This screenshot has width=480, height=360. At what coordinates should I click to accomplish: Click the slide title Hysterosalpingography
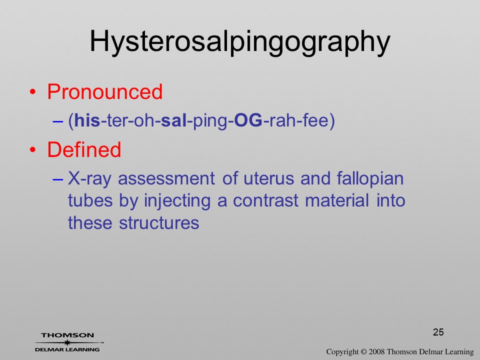tap(240, 42)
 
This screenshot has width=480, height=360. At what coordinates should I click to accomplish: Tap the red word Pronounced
tap(104, 91)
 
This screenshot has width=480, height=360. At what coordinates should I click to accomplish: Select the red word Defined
tap(84, 149)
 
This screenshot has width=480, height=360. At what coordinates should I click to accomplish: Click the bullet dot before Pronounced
tap(33, 92)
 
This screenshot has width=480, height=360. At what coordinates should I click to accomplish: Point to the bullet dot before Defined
tap(33, 149)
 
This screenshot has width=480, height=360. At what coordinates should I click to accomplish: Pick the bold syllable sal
tap(173, 120)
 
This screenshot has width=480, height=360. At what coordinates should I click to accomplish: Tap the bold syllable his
tap(87, 120)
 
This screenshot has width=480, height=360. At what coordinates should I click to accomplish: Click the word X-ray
tap(89, 179)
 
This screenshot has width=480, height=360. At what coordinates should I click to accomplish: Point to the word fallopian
tap(370, 179)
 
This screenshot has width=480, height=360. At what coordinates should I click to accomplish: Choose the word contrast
tap(265, 201)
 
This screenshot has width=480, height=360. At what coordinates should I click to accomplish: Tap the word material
tap(337, 200)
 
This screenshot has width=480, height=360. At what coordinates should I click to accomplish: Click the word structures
tap(159, 223)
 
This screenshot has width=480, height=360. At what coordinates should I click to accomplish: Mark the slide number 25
tap(438, 332)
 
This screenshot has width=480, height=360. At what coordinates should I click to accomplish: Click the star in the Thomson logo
tap(67, 342)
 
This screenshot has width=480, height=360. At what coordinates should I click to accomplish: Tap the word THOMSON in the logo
tap(67, 335)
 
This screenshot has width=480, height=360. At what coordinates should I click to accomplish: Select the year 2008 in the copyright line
tap(376, 351)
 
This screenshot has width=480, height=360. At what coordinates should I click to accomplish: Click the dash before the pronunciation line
tap(57, 121)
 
